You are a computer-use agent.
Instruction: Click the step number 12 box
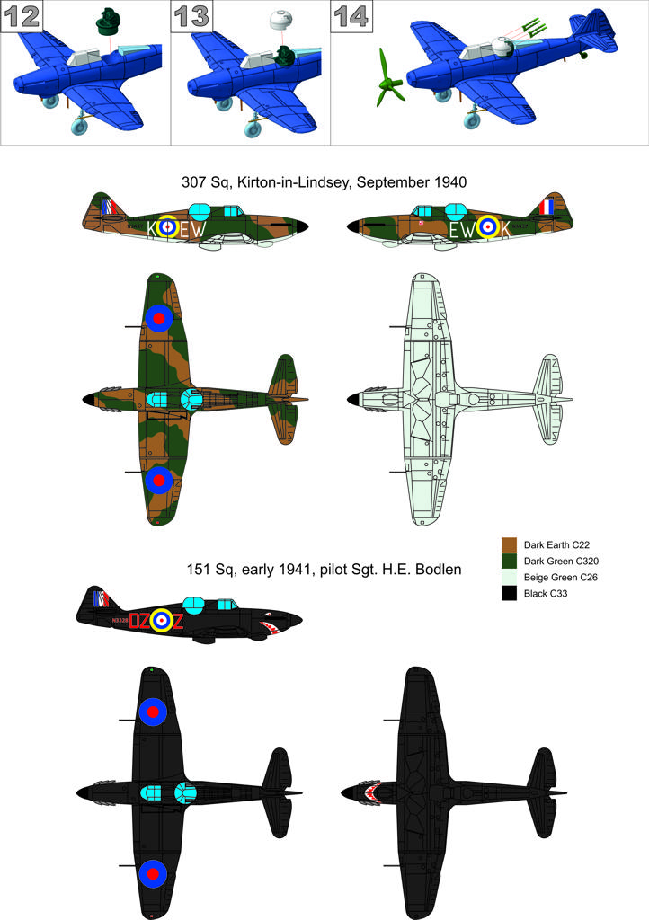click(19, 17)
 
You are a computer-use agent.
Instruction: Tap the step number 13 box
click(190, 17)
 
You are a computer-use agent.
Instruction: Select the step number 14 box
click(351, 17)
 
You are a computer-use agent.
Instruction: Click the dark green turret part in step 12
click(111, 19)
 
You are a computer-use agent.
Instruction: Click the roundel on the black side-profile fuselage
click(161, 619)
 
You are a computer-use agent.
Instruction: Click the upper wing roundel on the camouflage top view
click(158, 317)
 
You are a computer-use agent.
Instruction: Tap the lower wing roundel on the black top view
click(153, 871)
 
